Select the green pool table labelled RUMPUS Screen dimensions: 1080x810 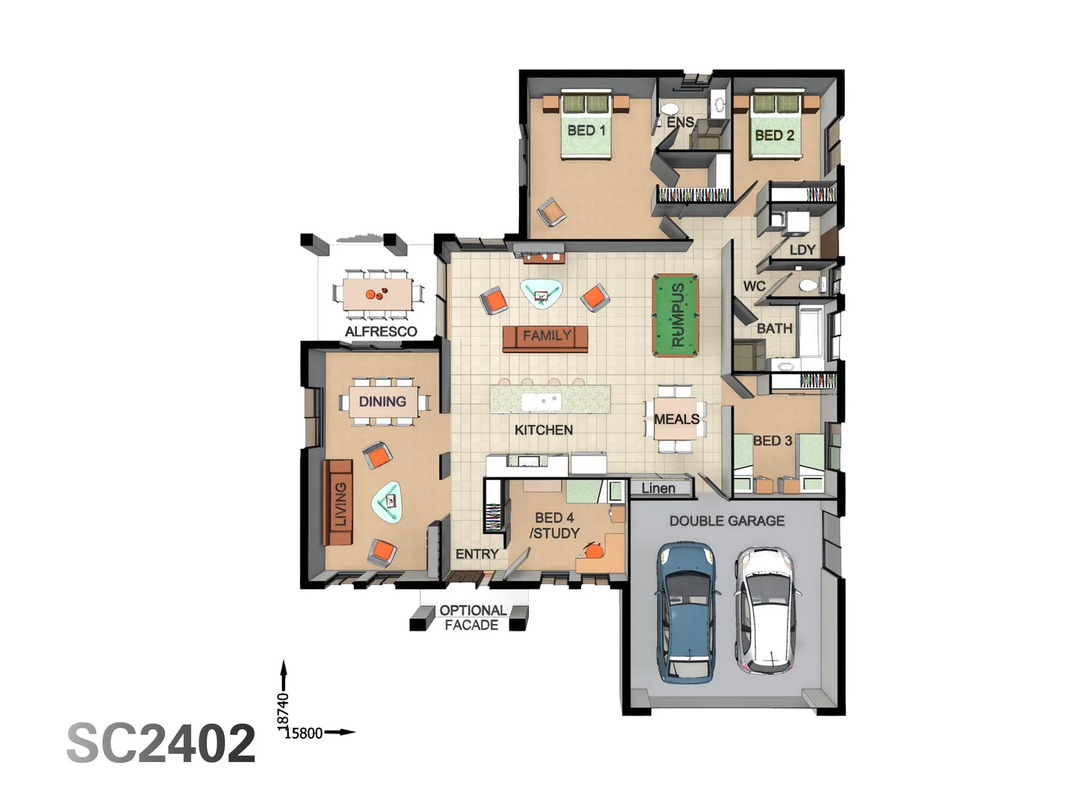coord(675,315)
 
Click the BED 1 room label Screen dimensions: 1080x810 coord(586,130)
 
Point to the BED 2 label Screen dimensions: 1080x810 coord(775,135)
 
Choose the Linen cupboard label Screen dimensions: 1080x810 coord(658,488)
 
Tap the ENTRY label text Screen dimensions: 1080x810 coord(477,553)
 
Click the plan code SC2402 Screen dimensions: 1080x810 coord(161,743)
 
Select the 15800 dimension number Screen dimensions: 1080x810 coord(304,733)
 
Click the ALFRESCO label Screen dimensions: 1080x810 coord(381,331)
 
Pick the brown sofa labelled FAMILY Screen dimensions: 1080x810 coord(545,338)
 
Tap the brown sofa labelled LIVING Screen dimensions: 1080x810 coord(338,502)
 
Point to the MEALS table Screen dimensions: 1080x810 coord(676,418)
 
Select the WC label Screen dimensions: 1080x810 coord(754,286)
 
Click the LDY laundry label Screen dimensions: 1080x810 coord(802,250)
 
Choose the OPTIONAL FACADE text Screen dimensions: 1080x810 coord(472,618)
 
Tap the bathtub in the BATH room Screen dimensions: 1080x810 coord(811,332)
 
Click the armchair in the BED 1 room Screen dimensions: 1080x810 coord(551,212)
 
